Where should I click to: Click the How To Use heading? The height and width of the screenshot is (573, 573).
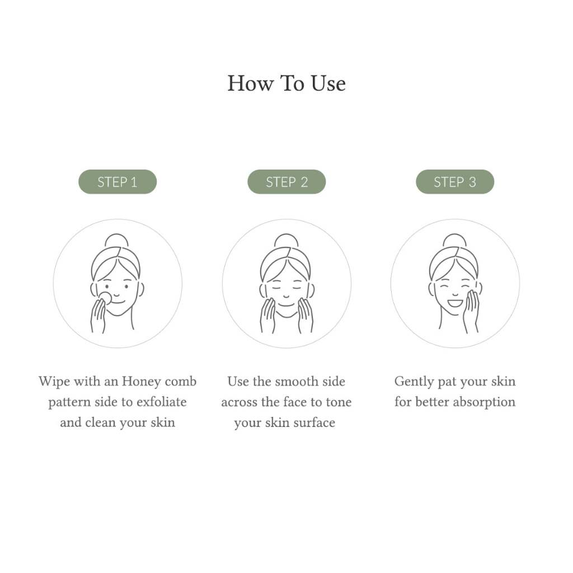(286, 84)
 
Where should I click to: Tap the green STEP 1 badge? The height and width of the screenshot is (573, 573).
(118, 182)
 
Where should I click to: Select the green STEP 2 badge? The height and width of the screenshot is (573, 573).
(286, 182)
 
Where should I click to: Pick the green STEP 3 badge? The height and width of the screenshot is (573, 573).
(455, 182)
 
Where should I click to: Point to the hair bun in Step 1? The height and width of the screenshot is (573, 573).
(116, 241)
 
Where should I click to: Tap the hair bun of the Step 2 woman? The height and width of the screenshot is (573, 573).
(286, 241)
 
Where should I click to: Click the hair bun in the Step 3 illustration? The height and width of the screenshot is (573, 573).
(454, 241)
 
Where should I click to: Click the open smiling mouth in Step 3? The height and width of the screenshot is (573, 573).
(455, 303)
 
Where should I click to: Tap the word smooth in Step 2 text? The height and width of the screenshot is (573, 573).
(297, 382)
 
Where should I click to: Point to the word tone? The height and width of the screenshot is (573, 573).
(339, 402)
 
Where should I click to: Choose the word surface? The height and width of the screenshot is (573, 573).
(314, 422)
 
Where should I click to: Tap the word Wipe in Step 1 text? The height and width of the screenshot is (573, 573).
(54, 382)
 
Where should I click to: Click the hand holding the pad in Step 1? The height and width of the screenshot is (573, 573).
(98, 316)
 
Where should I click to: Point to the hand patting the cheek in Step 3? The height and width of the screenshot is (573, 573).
(471, 311)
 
